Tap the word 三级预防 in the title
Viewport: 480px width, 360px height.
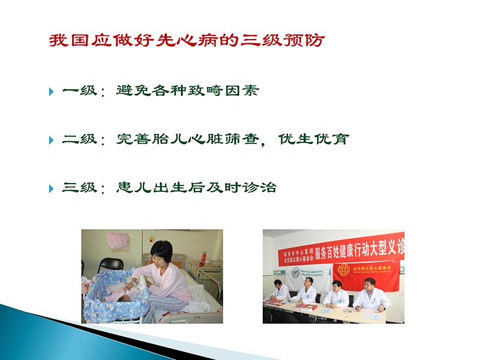tap(287, 41)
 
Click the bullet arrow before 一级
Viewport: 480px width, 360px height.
tap(51, 92)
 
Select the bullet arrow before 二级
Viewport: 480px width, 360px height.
tap(51, 140)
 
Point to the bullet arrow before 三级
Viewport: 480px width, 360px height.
tap(51, 188)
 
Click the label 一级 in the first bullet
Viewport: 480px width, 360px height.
tap(79, 91)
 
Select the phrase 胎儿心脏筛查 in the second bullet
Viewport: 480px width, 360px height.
tap(203, 139)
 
